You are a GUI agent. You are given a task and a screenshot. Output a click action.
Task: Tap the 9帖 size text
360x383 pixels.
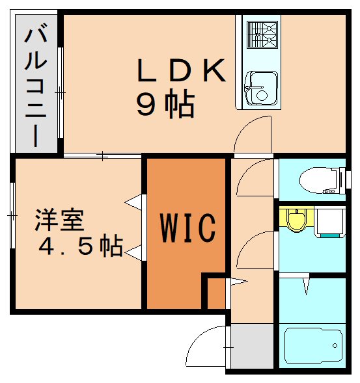[165, 104]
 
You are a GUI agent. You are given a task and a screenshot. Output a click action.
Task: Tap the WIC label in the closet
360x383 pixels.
[187, 227]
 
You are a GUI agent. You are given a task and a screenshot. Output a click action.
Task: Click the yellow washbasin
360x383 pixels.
[296, 220]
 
